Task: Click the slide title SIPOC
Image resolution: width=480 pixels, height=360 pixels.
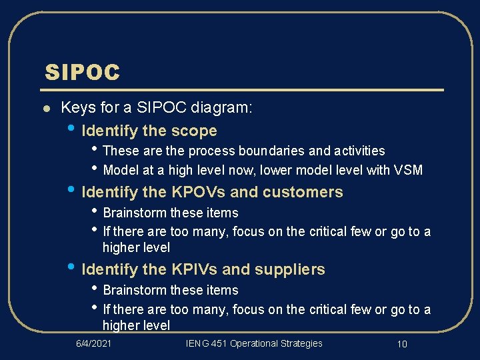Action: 82,72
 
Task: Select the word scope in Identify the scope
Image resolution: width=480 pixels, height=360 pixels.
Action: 194,131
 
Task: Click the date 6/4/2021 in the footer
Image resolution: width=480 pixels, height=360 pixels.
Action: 93,344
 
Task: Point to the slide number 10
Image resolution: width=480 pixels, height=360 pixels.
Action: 401,344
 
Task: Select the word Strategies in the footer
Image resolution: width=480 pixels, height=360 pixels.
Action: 301,344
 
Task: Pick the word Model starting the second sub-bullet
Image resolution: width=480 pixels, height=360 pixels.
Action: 120,170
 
